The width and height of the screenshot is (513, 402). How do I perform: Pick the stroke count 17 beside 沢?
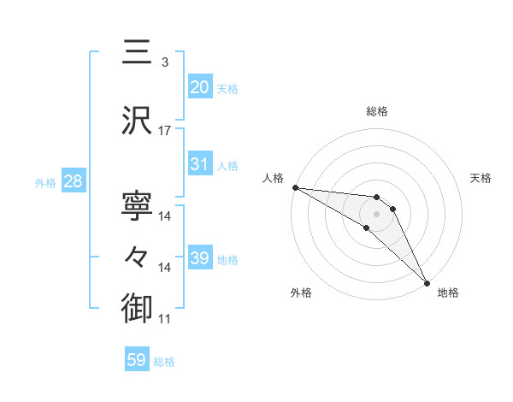click(165, 131)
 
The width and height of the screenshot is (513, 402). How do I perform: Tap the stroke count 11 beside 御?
click(165, 319)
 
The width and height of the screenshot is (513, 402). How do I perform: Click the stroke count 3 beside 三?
click(165, 62)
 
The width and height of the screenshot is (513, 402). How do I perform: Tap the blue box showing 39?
click(199, 257)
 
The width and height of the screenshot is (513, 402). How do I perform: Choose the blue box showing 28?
click(72, 181)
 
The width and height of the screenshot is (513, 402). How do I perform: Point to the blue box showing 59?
click(136, 360)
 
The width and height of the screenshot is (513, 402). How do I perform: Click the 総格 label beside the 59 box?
click(164, 362)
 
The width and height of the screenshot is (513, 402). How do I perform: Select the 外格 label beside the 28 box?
click(45, 182)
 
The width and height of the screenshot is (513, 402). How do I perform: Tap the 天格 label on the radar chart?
click(481, 178)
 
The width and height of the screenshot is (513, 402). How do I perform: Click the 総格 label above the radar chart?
click(376, 111)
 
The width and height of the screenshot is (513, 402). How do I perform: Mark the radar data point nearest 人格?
click(295, 187)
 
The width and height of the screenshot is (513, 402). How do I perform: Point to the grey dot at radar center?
click(376, 213)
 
